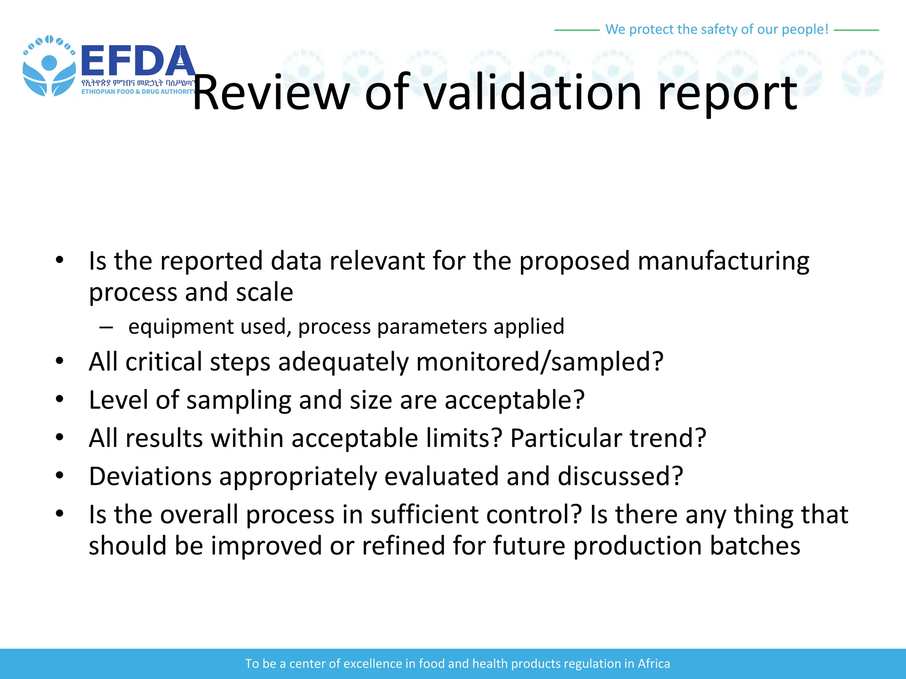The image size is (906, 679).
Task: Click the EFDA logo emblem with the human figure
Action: point(49,66)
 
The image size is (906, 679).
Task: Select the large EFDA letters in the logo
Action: point(138,61)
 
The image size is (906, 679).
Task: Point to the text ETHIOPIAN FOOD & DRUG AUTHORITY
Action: point(138,92)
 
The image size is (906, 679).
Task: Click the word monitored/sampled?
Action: point(540,362)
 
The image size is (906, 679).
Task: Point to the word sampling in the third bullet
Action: point(238,400)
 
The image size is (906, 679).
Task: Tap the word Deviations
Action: point(150,476)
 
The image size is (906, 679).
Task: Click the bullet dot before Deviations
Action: point(60,476)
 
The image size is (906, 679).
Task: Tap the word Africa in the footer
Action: point(653,664)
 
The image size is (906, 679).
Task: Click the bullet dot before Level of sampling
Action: point(60,399)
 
